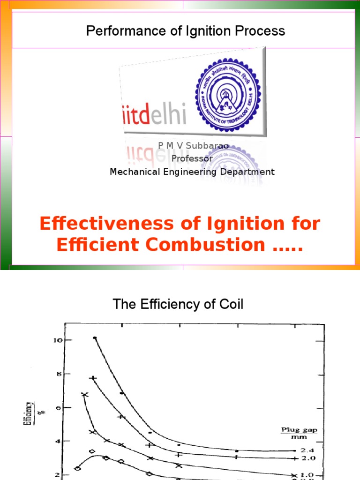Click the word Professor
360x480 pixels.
click(192, 158)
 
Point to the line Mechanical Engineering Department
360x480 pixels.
click(192, 172)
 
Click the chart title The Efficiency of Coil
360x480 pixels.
click(178, 305)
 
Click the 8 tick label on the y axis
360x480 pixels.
click(58, 374)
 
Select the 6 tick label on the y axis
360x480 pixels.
click(58, 407)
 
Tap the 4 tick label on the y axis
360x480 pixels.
click(58, 441)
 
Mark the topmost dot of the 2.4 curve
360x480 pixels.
click(95, 337)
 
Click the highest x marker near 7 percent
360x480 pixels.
click(85, 395)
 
